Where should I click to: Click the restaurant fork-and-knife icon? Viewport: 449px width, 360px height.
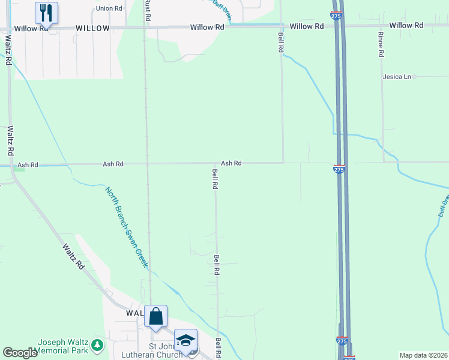point(46,12)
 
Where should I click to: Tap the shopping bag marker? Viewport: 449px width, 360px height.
point(155,316)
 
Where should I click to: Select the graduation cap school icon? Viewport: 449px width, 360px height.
point(185,340)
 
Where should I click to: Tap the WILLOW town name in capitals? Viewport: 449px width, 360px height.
point(92,28)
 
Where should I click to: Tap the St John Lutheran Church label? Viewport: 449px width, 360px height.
point(166,351)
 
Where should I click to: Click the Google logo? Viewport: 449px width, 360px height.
point(20,353)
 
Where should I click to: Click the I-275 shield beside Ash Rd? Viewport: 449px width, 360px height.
point(339,170)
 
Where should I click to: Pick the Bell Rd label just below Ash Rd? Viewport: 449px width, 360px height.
point(214,179)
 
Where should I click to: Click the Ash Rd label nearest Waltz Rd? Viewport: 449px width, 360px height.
point(28,164)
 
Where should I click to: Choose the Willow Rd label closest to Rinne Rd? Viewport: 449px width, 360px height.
point(406,25)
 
